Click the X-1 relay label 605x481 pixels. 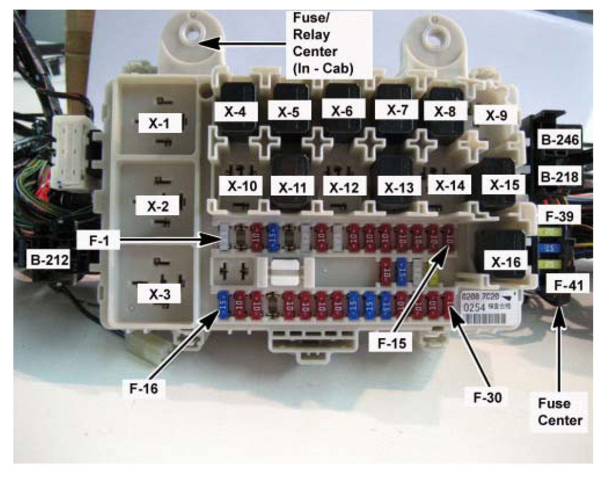coord(160,123)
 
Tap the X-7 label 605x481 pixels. coord(397,110)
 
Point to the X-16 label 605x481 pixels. coord(506,262)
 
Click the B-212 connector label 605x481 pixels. coord(50,259)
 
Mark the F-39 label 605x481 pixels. coord(559,216)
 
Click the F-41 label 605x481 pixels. coord(568,285)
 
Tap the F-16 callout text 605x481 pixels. coord(143,388)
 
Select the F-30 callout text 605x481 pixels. coord(487,397)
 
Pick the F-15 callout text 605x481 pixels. coord(392,343)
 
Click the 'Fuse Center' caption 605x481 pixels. coord(560,412)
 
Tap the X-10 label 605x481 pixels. coord(242,185)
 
